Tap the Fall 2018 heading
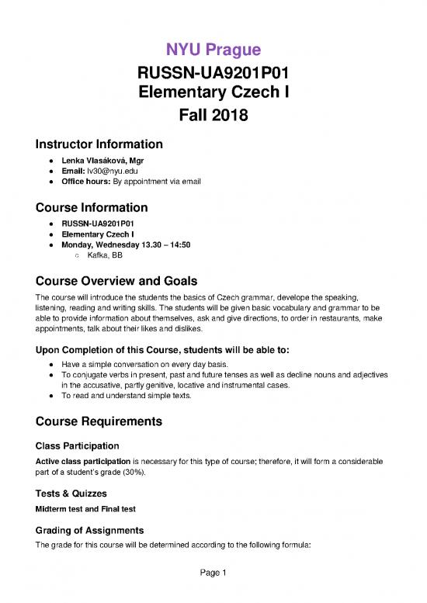[213, 117]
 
